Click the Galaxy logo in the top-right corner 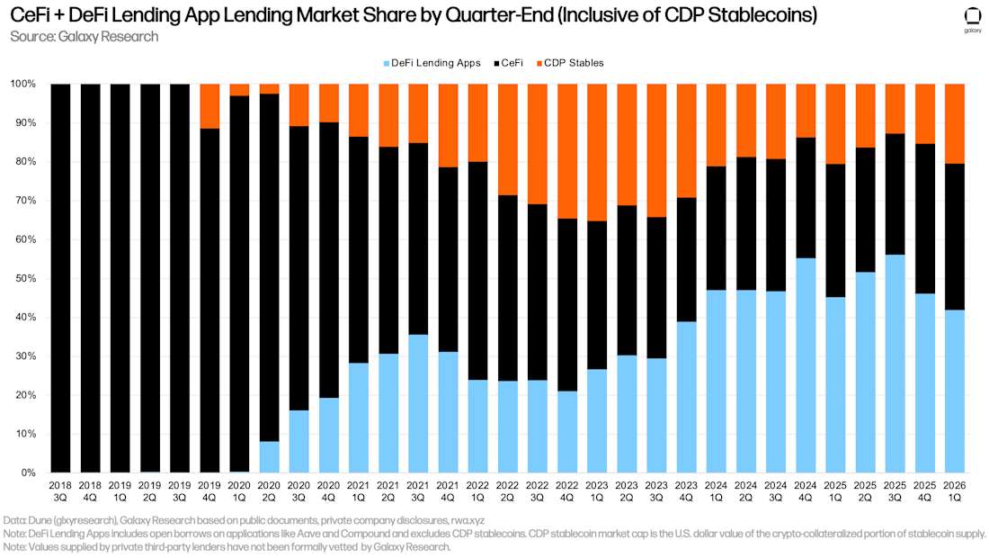pyautogui.click(x=972, y=20)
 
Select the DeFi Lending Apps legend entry pyautogui.click(x=432, y=63)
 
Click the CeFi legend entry pyautogui.click(x=508, y=63)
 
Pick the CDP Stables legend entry pyautogui.click(x=570, y=63)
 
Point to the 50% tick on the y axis pyautogui.click(x=27, y=278)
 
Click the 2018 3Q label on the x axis pyautogui.click(x=60, y=491)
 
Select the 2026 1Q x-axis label pyautogui.click(x=954, y=491)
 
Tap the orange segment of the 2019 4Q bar pyautogui.click(x=209, y=106)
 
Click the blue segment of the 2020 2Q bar pyautogui.click(x=270, y=457)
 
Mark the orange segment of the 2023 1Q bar pyautogui.click(x=597, y=152)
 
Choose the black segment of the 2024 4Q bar pyautogui.click(x=806, y=198)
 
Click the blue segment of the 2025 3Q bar pyautogui.click(x=895, y=364)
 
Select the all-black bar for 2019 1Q pyautogui.click(x=120, y=278)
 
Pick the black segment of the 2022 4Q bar pyautogui.click(x=567, y=305)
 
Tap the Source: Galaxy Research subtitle pyautogui.click(x=84, y=37)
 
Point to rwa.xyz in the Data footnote pyautogui.click(x=468, y=521)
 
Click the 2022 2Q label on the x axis pyautogui.click(x=507, y=491)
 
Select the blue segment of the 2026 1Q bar pyautogui.click(x=954, y=391)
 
